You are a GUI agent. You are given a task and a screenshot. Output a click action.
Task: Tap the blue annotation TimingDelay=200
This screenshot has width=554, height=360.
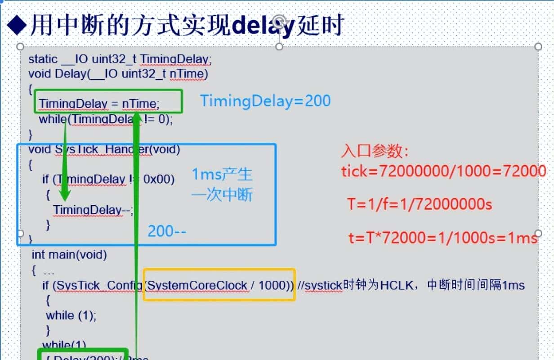click(x=265, y=100)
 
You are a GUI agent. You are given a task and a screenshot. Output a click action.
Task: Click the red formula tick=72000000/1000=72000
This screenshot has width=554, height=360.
click(x=443, y=171)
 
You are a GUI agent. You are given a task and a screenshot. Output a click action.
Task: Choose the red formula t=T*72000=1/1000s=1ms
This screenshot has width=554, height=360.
click(x=443, y=238)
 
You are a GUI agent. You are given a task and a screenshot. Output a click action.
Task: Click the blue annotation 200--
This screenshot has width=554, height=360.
click(x=167, y=231)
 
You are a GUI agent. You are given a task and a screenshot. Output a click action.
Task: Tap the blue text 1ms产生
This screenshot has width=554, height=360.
click(x=222, y=175)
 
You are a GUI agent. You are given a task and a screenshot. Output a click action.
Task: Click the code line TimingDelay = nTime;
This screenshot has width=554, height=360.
click(x=99, y=104)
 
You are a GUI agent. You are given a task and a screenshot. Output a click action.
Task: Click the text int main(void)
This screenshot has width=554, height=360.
click(x=69, y=255)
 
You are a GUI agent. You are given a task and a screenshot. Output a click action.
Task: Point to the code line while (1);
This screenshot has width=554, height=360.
click(x=71, y=315)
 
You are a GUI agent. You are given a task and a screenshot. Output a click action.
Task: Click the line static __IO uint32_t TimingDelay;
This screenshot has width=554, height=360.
click(x=120, y=59)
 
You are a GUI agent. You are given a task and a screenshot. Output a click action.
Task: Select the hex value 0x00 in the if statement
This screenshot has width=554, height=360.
click(x=158, y=179)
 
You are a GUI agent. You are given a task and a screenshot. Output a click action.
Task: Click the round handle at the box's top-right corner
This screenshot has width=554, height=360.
click(x=538, y=46)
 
